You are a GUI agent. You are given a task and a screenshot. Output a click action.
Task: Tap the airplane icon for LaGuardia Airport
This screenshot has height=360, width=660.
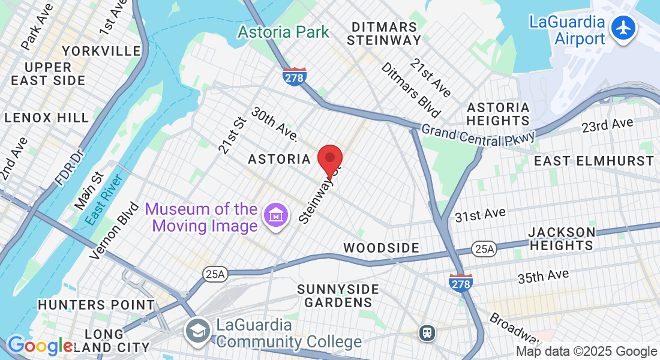click(x=624, y=28)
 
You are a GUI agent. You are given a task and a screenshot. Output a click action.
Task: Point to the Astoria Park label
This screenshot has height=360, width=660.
click(x=284, y=32)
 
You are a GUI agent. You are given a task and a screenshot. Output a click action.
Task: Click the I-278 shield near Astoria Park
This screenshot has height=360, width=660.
click(x=295, y=76)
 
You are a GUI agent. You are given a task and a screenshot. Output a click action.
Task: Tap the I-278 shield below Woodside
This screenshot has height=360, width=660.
click(x=461, y=281)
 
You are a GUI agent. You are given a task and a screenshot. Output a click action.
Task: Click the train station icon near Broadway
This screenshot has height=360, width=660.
click(x=427, y=332)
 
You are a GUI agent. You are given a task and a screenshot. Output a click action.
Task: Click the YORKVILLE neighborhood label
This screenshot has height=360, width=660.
click(x=101, y=51)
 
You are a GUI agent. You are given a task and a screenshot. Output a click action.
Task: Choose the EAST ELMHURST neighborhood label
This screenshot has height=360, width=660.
click(x=593, y=161)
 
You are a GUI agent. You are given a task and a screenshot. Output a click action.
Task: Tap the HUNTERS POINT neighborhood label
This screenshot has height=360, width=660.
click(x=96, y=305)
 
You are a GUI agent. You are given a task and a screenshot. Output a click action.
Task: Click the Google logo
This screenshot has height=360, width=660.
click(x=40, y=346)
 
